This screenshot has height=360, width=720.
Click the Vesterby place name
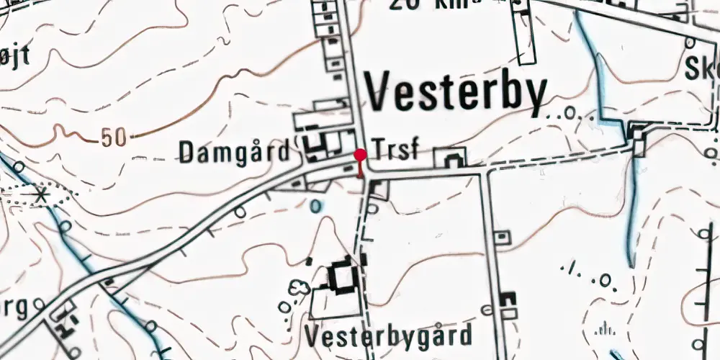click(x=456, y=92)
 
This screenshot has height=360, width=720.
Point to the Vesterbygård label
click(x=388, y=335)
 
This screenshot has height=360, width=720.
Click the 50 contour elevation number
click(x=112, y=138)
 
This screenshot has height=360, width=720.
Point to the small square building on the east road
click(x=501, y=235)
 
